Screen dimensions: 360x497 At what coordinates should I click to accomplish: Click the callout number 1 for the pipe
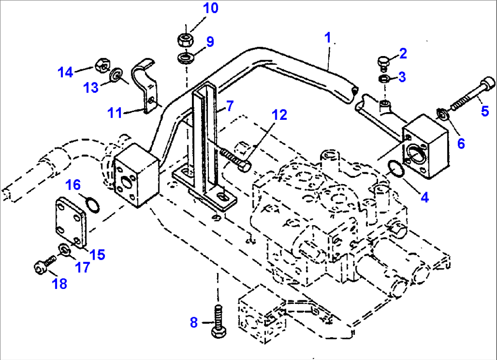327,37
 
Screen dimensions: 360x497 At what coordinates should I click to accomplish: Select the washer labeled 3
384,79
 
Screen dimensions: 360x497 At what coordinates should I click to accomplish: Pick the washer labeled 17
64,250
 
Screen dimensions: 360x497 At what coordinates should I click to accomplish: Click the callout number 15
97,254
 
